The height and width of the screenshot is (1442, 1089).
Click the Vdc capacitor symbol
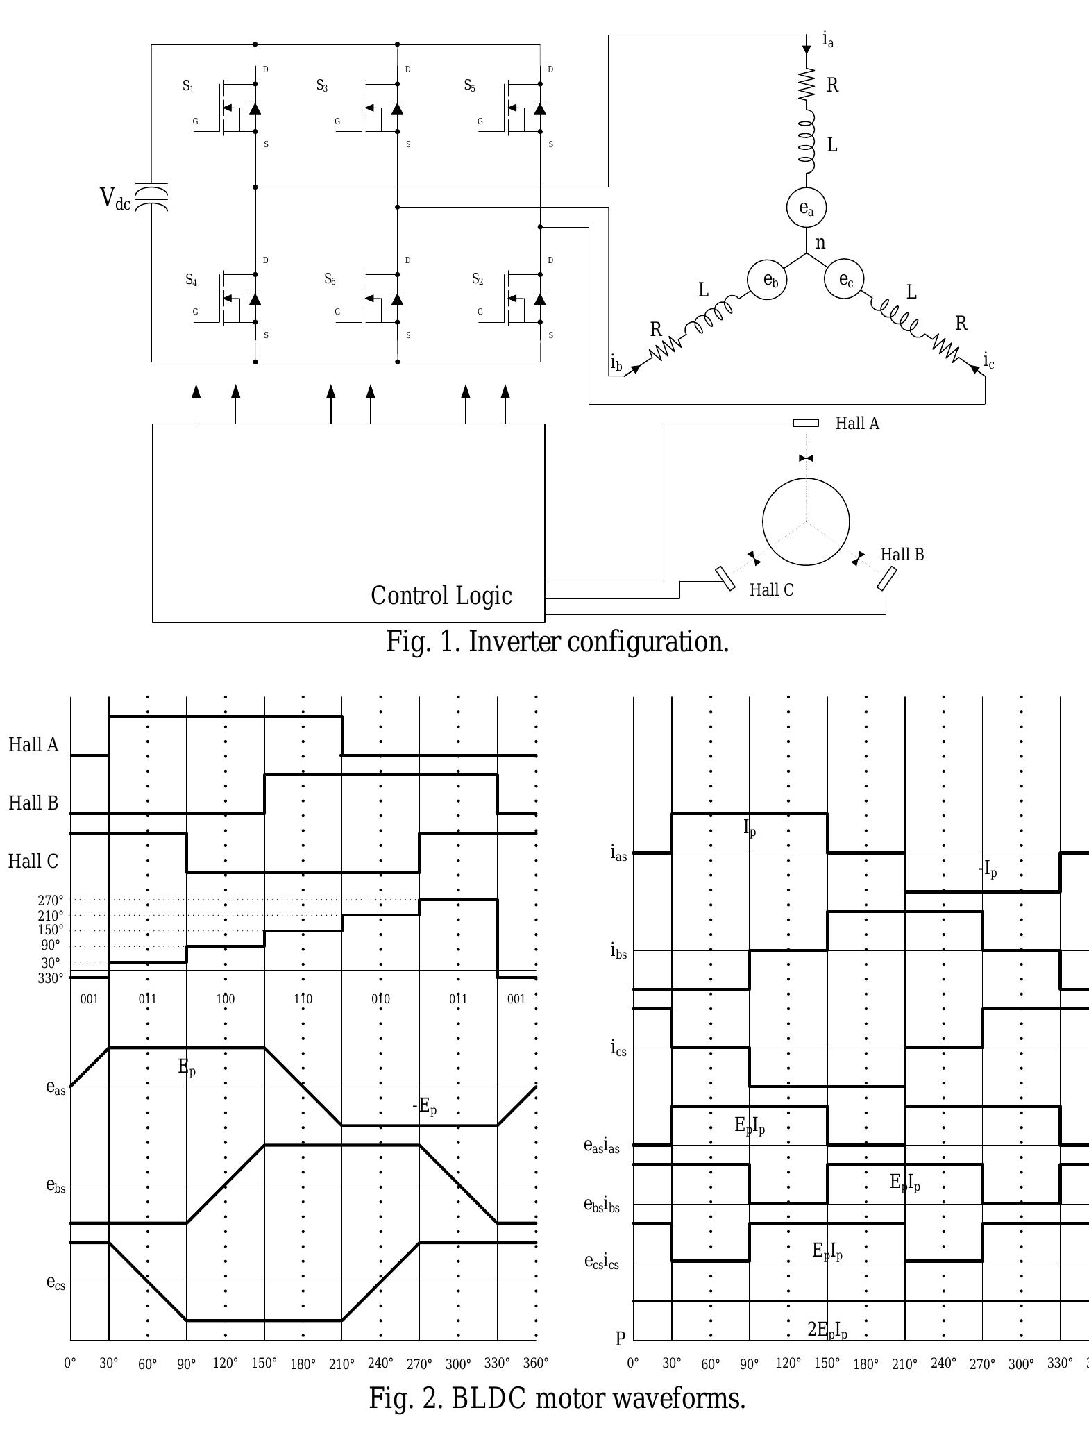[x=151, y=197]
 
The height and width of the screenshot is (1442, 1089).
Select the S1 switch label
[x=188, y=86]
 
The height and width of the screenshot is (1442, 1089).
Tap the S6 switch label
[x=330, y=279]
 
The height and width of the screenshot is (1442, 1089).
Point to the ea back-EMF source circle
[x=806, y=208]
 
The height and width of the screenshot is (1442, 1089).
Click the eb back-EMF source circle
[x=767, y=280]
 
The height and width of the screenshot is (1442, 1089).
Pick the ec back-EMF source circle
[x=844, y=279]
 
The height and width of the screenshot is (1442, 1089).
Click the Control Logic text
[x=441, y=596]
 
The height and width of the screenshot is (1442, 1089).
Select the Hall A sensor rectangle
[x=806, y=423]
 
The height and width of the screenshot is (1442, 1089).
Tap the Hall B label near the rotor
[x=902, y=555]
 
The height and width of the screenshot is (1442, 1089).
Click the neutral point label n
[x=821, y=243]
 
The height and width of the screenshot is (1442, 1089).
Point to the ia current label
[x=828, y=40]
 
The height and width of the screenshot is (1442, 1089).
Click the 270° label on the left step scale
[x=51, y=900]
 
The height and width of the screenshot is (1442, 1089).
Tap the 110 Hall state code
[x=303, y=999]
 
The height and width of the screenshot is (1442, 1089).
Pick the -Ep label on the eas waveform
[x=425, y=1106]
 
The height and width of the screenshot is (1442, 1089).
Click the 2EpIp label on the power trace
[x=827, y=1330]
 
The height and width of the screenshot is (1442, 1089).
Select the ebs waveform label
[x=56, y=1185]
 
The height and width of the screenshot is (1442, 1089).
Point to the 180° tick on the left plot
[x=303, y=1364]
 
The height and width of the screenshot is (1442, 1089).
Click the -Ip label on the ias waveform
[x=988, y=869]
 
